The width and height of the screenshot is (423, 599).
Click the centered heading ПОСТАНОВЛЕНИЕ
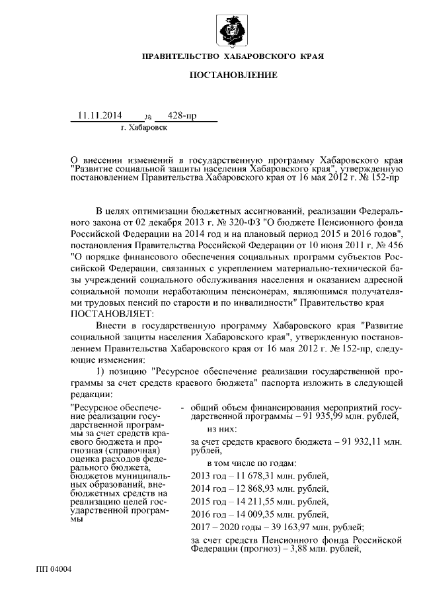[x=233, y=75]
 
